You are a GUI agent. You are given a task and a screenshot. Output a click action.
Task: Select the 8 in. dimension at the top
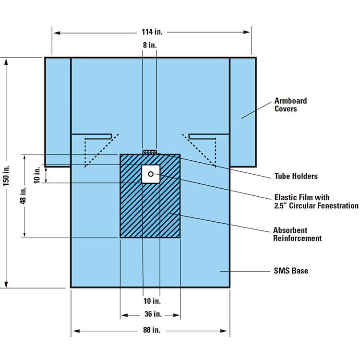tap(149, 45)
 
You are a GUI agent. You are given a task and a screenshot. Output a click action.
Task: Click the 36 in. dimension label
tap(150, 315)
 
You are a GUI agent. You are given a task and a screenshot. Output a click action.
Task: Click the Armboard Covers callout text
tap(290, 105)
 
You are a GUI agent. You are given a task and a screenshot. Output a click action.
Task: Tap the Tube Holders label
tap(296, 176)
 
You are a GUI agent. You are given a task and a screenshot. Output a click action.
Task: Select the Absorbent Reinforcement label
tap(297, 234)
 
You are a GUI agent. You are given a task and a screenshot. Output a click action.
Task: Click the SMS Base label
tap(291, 271)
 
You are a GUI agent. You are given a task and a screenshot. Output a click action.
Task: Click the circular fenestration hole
tap(151, 174)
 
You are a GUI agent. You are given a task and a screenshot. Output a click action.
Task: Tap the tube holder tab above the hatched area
tap(150, 152)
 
